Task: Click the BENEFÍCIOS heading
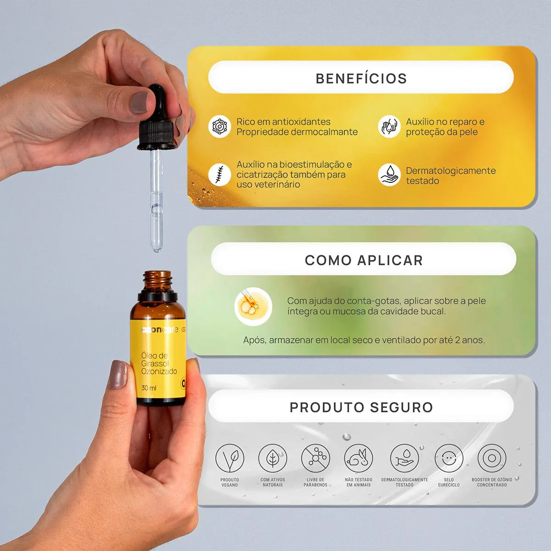coord(361,79)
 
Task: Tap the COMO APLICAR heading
coord(364,260)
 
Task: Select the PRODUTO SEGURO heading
coord(361,407)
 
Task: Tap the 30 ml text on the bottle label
coord(149,388)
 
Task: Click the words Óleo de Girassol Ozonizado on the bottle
coord(159,363)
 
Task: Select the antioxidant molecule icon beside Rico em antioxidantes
coord(219,126)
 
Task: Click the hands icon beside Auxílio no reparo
coord(389,126)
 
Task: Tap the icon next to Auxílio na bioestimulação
coord(219,174)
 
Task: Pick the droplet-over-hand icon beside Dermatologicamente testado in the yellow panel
coord(389,174)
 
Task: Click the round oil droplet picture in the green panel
coord(253,307)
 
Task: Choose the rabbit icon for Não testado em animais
coord(359,458)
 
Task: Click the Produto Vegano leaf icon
coord(230,458)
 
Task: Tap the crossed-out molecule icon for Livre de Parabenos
coord(315,458)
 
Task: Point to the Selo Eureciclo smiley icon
coord(449,458)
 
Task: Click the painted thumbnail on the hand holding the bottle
coord(118,375)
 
